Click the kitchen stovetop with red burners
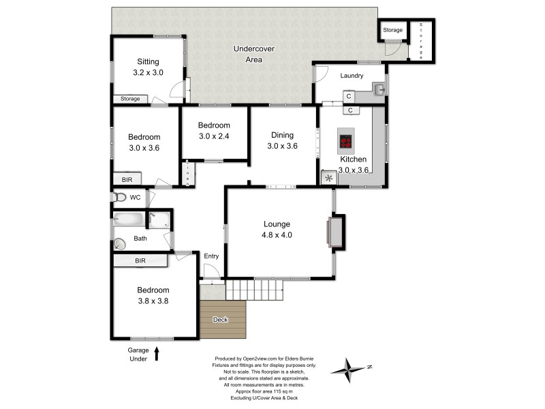(x=346, y=142)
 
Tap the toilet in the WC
(x=120, y=197)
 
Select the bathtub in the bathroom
(x=128, y=219)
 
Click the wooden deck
(x=223, y=319)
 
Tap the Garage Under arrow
(x=157, y=353)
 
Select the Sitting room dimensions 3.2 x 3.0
(x=148, y=72)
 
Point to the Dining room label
(x=282, y=135)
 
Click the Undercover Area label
(x=248, y=54)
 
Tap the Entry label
(x=211, y=256)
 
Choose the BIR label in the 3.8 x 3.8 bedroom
(x=140, y=260)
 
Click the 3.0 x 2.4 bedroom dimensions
(x=214, y=136)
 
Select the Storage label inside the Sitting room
(x=130, y=99)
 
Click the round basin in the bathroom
(x=120, y=243)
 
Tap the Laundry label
(x=352, y=76)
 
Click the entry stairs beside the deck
(x=253, y=290)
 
